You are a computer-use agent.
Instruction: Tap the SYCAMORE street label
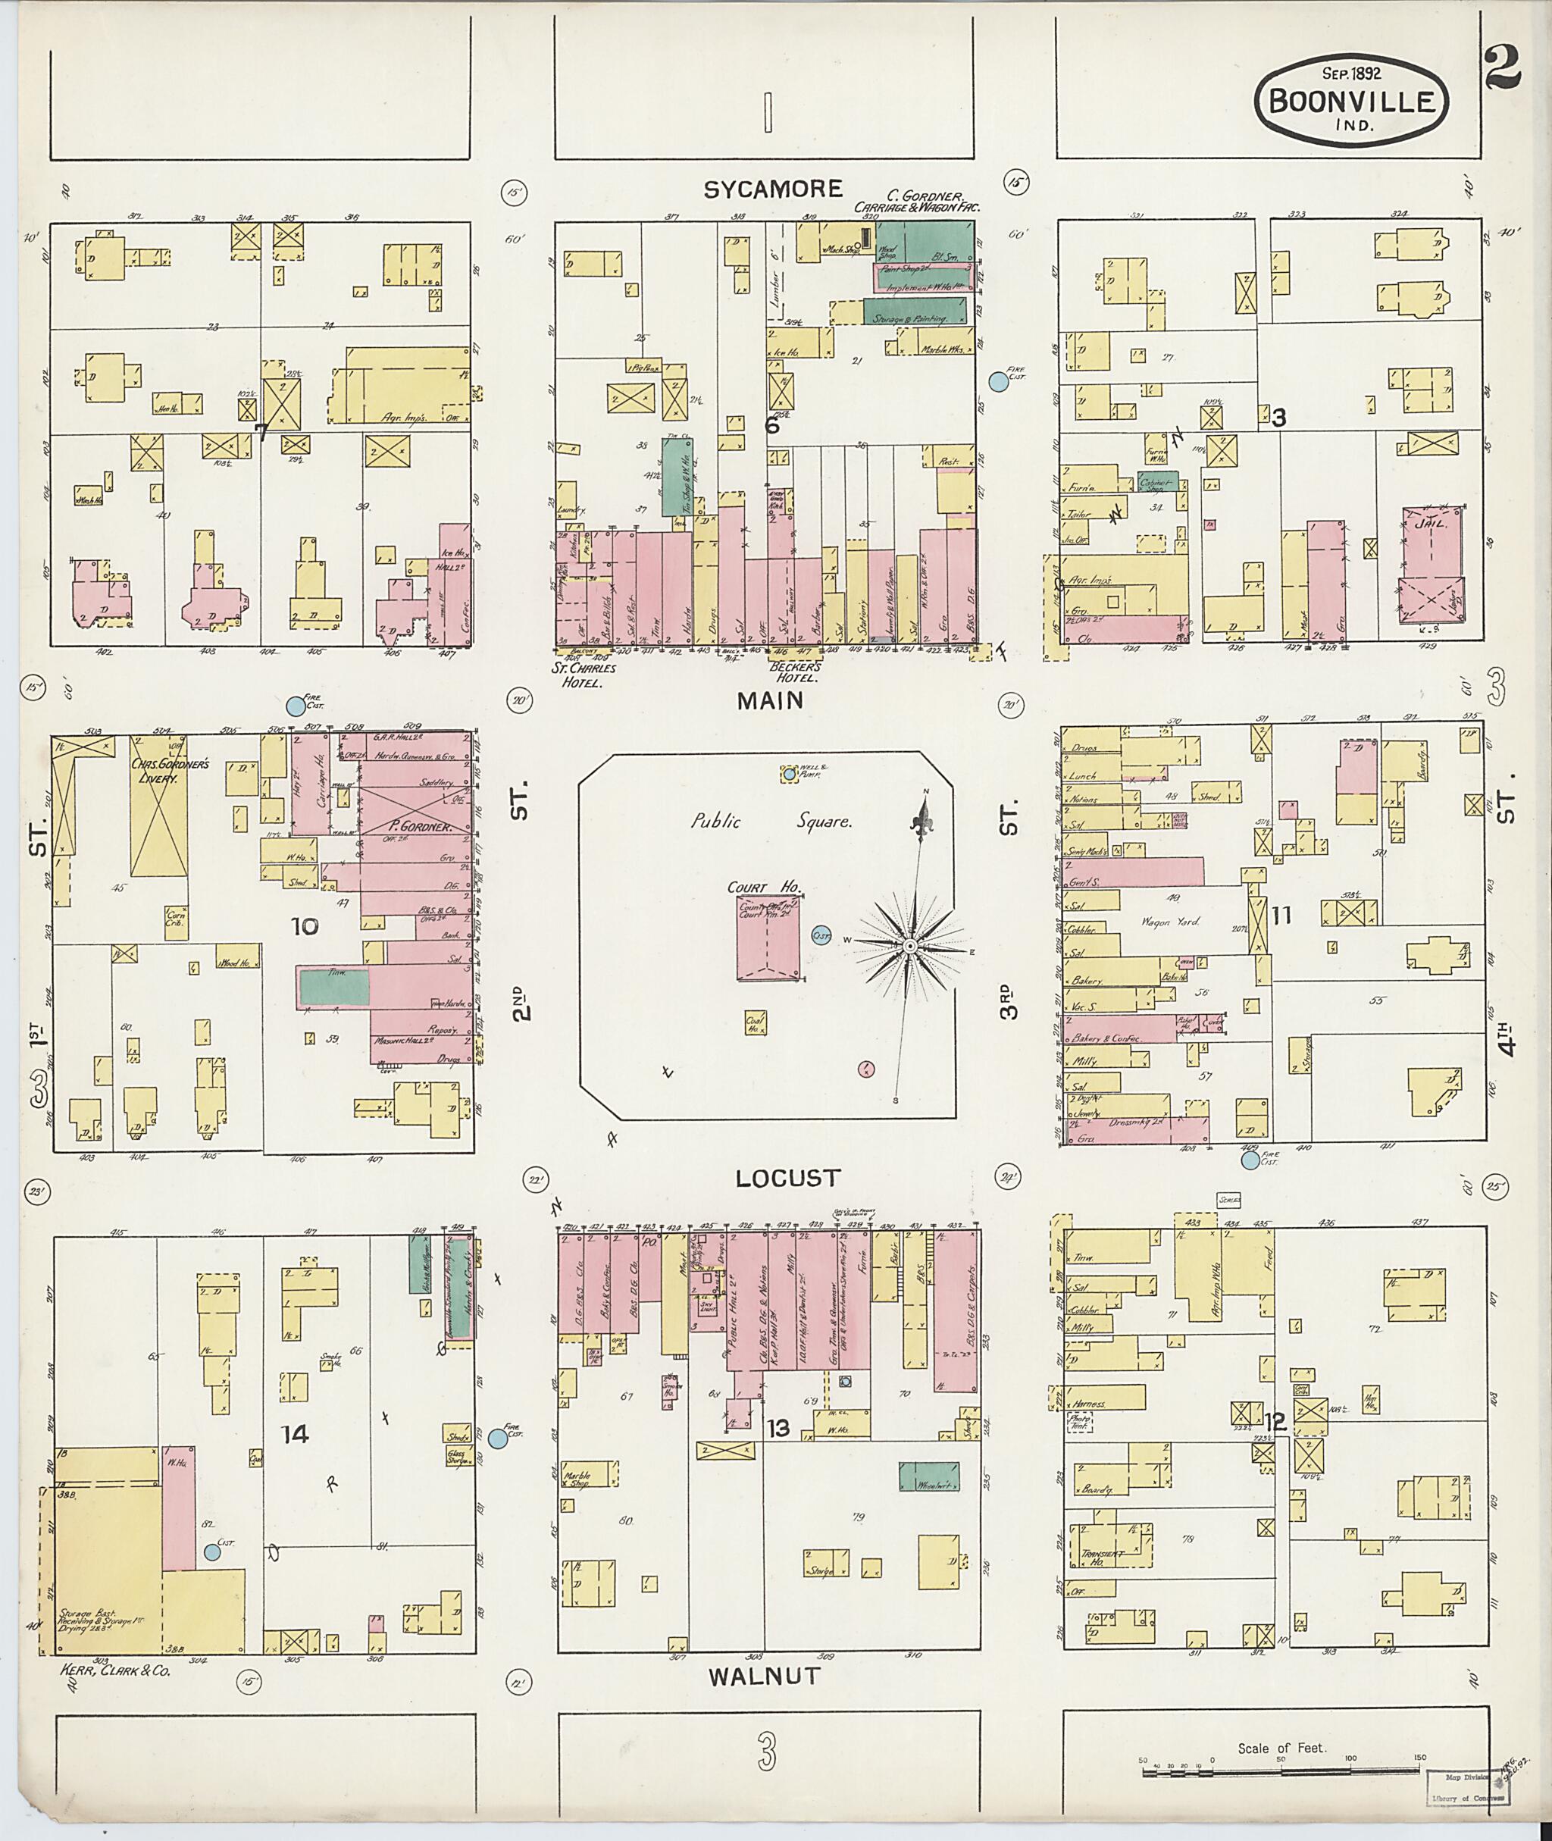(772, 188)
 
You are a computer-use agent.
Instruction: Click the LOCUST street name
(788, 1178)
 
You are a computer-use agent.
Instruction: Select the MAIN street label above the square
(770, 700)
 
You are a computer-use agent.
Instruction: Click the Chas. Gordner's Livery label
(171, 771)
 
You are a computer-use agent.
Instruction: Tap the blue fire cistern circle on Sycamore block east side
(998, 381)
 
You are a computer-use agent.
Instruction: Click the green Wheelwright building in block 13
(928, 1476)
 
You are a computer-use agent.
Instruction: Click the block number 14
(295, 1435)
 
